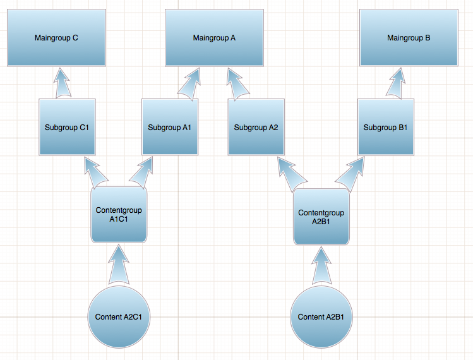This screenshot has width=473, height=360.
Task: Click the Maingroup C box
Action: (56, 37)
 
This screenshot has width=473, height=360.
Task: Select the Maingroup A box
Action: (214, 37)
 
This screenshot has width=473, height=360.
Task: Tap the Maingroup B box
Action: (408, 37)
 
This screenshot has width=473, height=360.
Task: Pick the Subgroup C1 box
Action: (67, 127)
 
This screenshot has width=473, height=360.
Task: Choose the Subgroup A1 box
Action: (169, 127)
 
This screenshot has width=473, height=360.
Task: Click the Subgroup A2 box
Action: (256, 127)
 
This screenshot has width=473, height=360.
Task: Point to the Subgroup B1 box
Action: (386, 127)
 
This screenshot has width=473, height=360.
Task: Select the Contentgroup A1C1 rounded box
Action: (119, 215)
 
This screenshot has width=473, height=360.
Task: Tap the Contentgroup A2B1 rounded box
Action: (321, 217)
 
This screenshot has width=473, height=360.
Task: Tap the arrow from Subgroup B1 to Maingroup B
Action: (398, 83)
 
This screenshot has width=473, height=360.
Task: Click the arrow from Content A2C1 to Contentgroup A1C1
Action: (119, 264)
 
